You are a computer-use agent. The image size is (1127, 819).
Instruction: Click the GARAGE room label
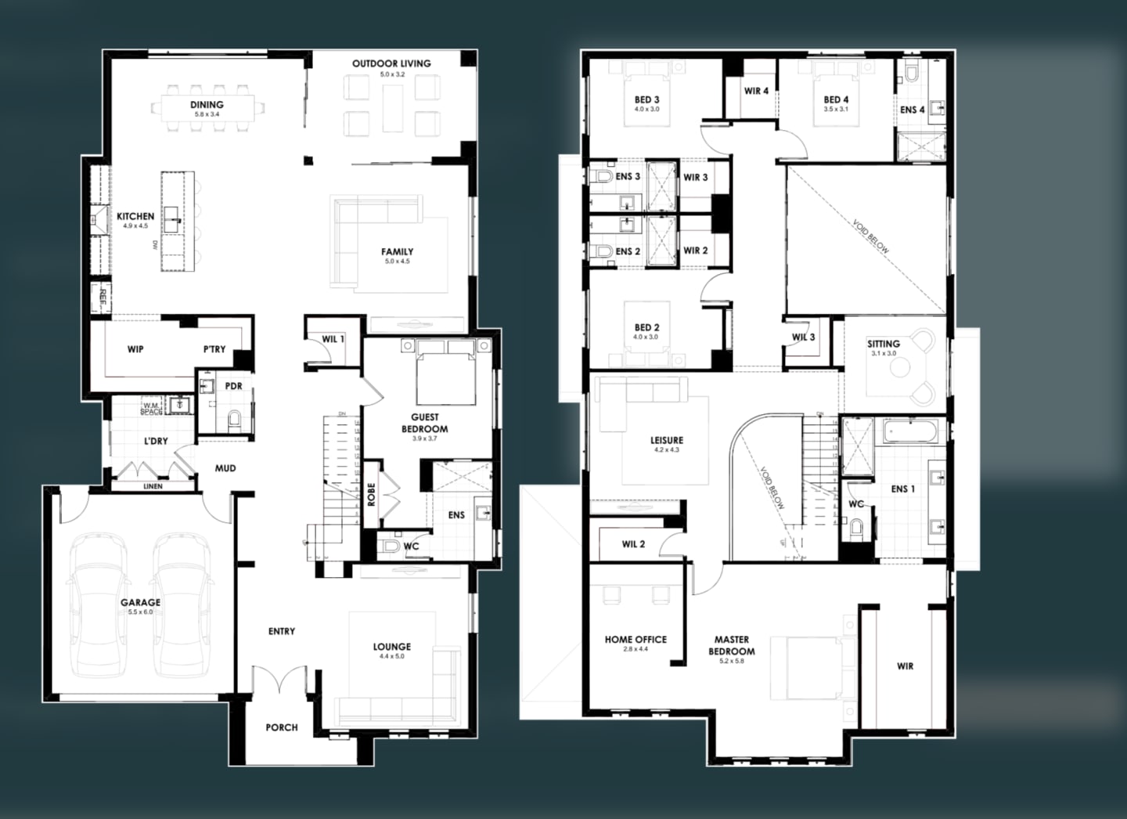[x=140, y=603]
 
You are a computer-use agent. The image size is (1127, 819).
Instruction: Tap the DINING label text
[x=207, y=105]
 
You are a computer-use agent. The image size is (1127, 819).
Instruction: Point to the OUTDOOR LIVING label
[x=391, y=63]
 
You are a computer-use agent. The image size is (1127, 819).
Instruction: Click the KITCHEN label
[x=135, y=216]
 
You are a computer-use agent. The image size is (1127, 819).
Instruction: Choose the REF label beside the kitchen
[x=99, y=296]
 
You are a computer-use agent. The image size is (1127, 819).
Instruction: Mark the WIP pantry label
[x=135, y=349]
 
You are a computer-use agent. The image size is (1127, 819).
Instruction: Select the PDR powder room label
[x=233, y=386]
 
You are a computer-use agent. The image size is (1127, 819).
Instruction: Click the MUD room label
[x=225, y=468]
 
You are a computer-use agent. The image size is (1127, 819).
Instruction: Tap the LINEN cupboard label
[x=153, y=486]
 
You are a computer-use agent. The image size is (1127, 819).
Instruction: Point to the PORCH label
[x=282, y=727]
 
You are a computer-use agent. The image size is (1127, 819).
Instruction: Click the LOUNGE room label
[x=391, y=647]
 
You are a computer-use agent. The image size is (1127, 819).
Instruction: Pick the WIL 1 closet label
[x=333, y=339]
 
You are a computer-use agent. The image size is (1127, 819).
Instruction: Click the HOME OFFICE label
[x=636, y=640]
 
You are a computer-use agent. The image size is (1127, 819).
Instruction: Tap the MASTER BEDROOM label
[x=732, y=645]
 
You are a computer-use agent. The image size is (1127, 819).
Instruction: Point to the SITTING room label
[x=884, y=344]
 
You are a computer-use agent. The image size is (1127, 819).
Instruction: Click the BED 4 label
[x=836, y=99]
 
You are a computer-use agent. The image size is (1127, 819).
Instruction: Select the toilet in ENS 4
[x=912, y=75]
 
